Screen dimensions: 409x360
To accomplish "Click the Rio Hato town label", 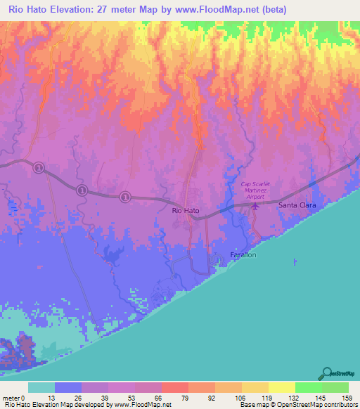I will pos(186,210).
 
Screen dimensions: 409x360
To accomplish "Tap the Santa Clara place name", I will pos(297,205).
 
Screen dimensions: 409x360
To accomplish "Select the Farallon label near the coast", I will pos(244,254).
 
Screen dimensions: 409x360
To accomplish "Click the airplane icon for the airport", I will pos(255,206).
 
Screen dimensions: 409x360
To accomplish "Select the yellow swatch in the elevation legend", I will pos(281,387).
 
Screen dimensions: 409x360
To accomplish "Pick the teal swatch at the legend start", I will pos(41,387).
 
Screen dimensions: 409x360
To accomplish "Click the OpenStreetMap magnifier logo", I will pos(327,373).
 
